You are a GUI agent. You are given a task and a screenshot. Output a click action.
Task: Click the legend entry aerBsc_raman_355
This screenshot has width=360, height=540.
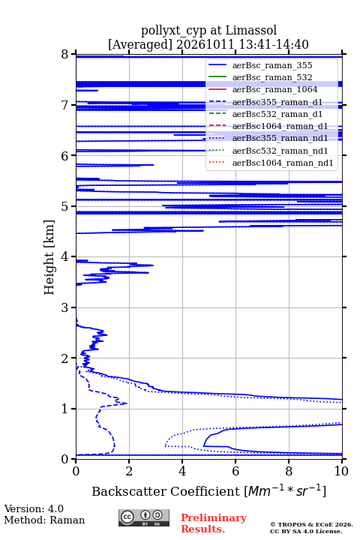pyautogui.click(x=272, y=65)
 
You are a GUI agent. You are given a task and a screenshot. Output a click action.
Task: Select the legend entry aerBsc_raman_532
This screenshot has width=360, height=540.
pyautogui.click(x=272, y=77)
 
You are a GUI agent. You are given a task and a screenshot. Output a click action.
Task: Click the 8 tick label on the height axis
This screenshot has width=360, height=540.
pyautogui.click(x=65, y=55)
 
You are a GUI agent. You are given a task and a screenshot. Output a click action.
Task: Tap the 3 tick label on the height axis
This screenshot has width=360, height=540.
pyautogui.click(x=65, y=307)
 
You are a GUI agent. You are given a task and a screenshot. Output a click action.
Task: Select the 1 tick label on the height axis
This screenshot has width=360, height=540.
pyautogui.click(x=65, y=409)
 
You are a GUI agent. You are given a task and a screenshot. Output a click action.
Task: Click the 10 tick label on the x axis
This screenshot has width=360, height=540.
pyautogui.click(x=341, y=471)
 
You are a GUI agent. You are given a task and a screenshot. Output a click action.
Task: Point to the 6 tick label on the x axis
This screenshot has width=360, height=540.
pyautogui.click(x=235, y=471)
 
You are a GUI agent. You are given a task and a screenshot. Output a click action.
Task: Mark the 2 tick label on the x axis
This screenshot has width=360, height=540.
pyautogui.click(x=129, y=471)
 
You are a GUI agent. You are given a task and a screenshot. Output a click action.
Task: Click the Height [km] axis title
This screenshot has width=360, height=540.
pyautogui.click(x=49, y=257)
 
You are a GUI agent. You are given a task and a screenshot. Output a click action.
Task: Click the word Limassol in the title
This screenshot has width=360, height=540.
pyautogui.click(x=250, y=30)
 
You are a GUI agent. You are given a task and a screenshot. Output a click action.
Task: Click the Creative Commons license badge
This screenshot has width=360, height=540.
pyautogui.click(x=144, y=518)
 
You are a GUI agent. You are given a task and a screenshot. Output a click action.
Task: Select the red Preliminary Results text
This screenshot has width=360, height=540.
pyautogui.click(x=214, y=523)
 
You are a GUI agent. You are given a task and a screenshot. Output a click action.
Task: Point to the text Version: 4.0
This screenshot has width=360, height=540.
pyautogui.click(x=34, y=508)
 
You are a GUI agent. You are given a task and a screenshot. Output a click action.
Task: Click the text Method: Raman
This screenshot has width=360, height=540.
pyautogui.click(x=44, y=520)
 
